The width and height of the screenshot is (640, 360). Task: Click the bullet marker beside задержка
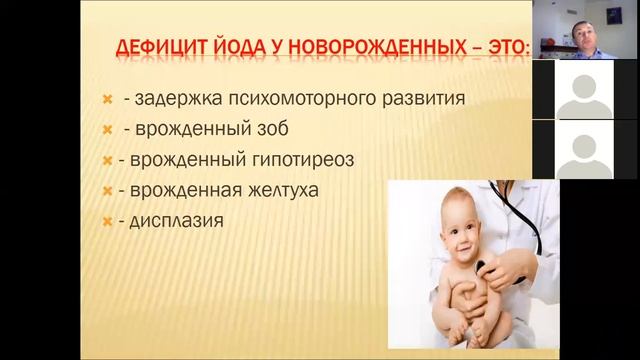coord(107,100)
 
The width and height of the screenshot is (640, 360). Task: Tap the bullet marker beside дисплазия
coord(107,220)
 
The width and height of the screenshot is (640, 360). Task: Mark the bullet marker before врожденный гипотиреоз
coord(107,160)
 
